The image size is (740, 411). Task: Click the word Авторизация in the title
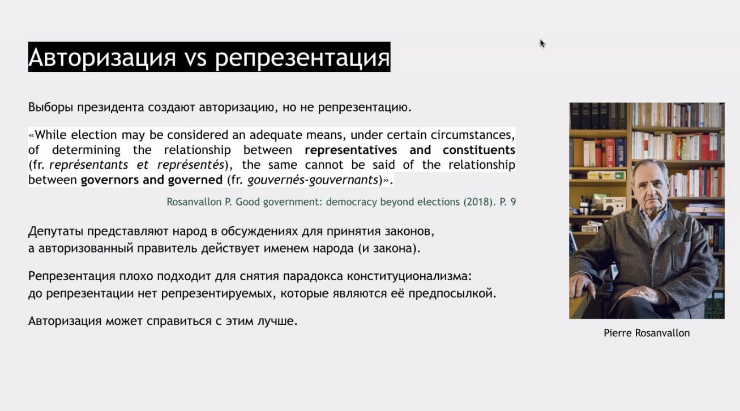click(x=102, y=58)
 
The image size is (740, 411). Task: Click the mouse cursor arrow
click(x=542, y=43)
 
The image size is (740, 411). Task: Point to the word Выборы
click(x=50, y=108)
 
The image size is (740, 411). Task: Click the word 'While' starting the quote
click(x=50, y=135)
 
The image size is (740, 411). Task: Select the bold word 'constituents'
click(x=478, y=150)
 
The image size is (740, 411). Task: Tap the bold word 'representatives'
click(x=350, y=151)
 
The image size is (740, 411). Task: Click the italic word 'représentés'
click(x=191, y=165)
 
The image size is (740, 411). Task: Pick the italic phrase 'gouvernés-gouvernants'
click(x=313, y=180)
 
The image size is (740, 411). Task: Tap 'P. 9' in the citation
click(x=508, y=202)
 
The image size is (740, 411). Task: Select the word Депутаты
click(x=55, y=232)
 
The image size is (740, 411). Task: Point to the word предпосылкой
click(x=452, y=294)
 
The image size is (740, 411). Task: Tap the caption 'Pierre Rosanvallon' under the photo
click(x=647, y=333)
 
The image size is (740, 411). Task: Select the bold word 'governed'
click(x=195, y=180)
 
